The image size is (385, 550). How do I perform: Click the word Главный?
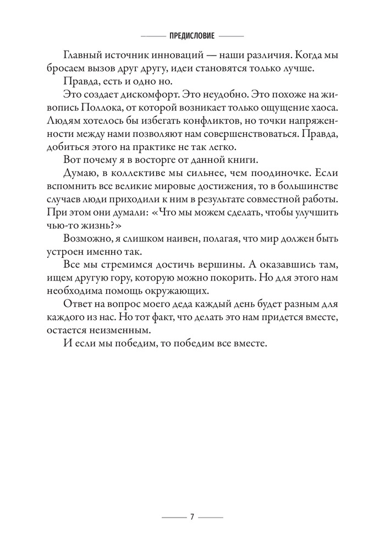coord(83,55)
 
